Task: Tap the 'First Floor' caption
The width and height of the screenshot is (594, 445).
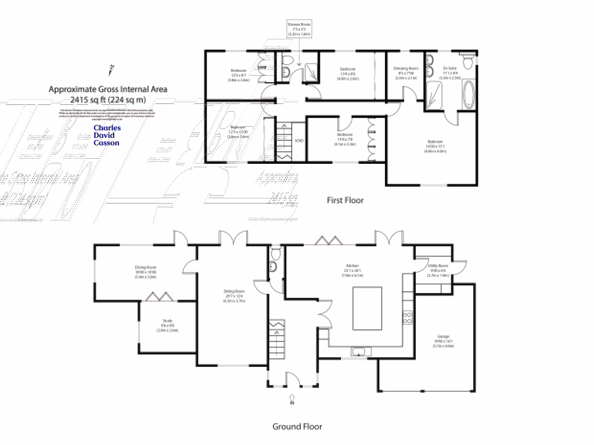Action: click(345, 200)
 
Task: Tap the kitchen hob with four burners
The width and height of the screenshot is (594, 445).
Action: click(407, 317)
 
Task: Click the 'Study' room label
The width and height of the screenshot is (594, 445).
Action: click(167, 321)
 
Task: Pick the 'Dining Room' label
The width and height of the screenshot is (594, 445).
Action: click(145, 267)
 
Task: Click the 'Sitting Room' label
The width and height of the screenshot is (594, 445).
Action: click(234, 291)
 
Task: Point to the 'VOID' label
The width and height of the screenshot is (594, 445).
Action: click(299, 140)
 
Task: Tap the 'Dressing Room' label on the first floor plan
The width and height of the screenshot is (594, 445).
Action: click(406, 68)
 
